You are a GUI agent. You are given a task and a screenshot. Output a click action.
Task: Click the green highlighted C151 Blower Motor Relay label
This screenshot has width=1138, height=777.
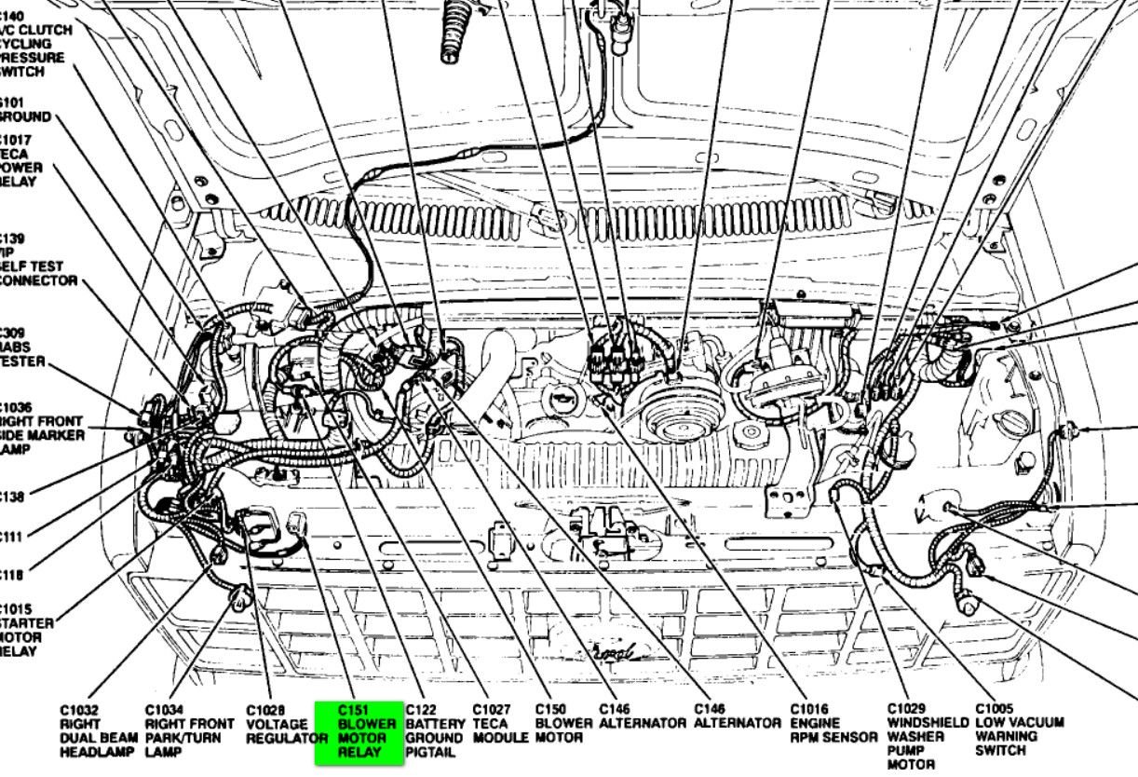(359, 730)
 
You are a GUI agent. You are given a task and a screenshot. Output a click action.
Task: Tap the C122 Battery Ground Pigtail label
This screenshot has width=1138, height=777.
(435, 730)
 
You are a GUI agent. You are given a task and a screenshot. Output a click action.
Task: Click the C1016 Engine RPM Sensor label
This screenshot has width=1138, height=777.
(833, 724)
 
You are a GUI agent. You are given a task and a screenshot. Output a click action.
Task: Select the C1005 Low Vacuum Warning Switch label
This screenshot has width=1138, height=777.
(1019, 730)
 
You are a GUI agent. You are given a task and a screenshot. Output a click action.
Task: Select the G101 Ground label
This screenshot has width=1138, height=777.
(25, 109)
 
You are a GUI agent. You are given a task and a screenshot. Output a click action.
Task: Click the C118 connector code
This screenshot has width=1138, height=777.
(11, 575)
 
